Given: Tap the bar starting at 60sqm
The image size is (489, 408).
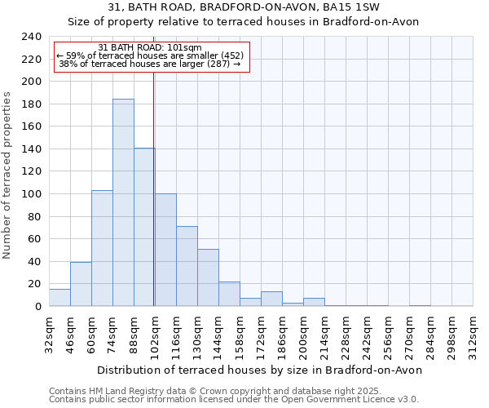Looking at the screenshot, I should pyautogui.click(x=102, y=248).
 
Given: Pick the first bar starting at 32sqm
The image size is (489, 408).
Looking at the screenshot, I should pyautogui.click(x=59, y=298).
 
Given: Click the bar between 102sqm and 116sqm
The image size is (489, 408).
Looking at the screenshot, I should pyautogui.click(x=165, y=250).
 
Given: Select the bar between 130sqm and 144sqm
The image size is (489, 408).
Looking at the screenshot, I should pyautogui.click(x=208, y=277).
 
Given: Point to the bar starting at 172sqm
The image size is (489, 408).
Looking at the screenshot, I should pyautogui.click(x=271, y=299).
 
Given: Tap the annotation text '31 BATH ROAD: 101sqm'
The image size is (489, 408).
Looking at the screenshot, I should pyautogui.click(x=149, y=47).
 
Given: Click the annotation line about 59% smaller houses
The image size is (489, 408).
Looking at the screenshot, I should pyautogui.click(x=149, y=55).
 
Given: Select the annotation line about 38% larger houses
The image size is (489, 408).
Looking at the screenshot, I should pyautogui.click(x=149, y=64).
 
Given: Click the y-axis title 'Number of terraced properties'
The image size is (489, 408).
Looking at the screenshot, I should pyautogui.click(x=8, y=175).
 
